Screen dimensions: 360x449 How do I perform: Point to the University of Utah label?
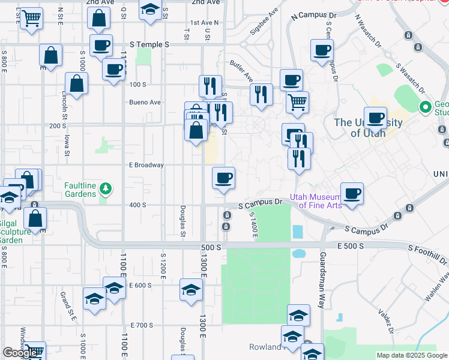click(367, 127)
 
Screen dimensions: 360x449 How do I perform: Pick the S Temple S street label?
click(150, 44)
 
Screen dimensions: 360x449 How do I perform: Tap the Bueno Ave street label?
click(145, 102)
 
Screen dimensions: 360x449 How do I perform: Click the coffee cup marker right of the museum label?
click(352, 194)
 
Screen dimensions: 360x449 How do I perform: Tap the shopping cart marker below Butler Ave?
click(297, 102)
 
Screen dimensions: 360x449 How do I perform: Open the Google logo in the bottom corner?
click(21, 353)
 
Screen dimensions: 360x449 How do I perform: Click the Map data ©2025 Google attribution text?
click(412, 355)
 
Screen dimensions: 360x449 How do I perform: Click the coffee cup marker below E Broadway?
click(223, 178)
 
